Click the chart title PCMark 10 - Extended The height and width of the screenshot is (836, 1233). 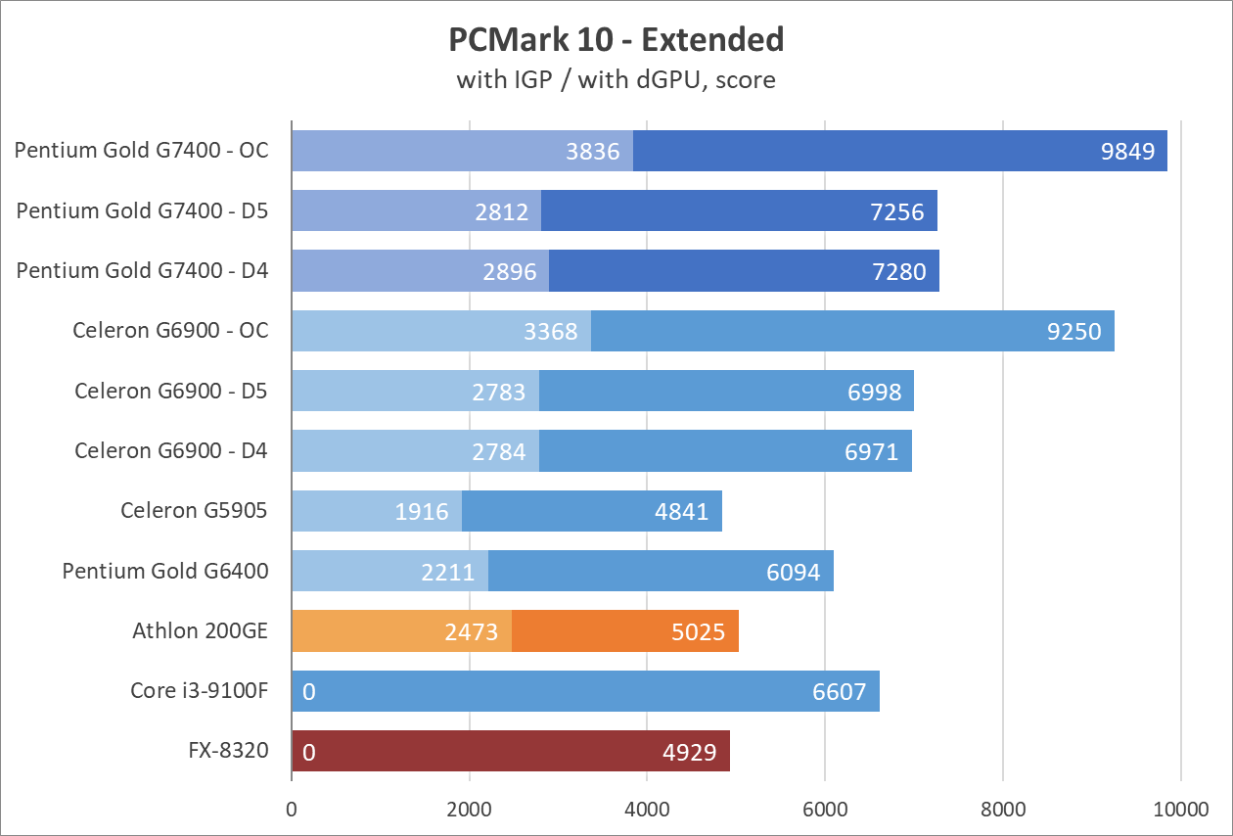tap(616, 39)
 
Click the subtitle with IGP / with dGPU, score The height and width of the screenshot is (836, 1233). tap(616, 79)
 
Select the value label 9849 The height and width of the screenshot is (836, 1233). tap(1128, 151)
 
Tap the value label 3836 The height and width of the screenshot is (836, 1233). tap(593, 151)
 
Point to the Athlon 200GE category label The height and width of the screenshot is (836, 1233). tap(200, 630)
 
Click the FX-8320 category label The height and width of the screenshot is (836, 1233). tap(229, 751)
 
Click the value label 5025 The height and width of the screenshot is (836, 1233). tap(699, 631)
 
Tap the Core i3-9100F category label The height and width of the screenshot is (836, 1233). tap(199, 691)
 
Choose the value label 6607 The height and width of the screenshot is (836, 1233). tap(840, 692)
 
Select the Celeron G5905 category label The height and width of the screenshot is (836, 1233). tap(194, 510)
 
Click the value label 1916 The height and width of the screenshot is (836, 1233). tap(422, 511)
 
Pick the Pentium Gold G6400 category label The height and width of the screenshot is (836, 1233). tap(165, 570)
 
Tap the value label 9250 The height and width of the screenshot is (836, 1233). tap(1074, 331)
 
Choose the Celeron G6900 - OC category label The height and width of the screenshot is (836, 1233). tap(170, 330)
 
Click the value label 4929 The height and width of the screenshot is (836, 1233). tap(690, 752)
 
